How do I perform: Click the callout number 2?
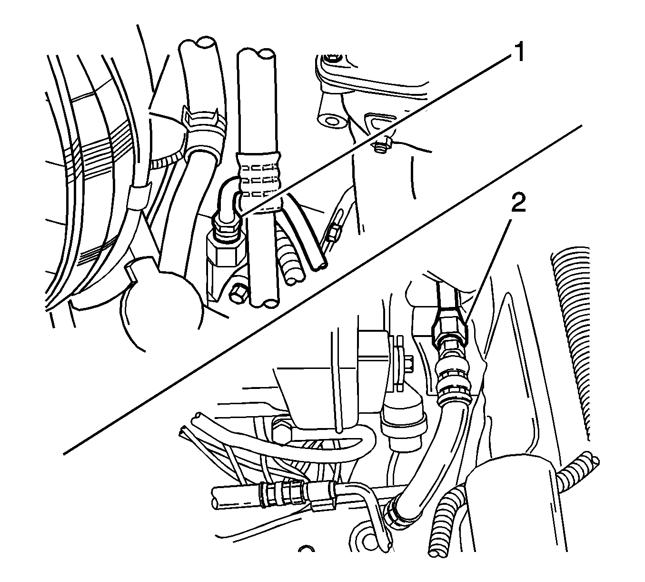(517, 205)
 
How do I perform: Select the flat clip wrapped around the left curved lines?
(138, 195)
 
